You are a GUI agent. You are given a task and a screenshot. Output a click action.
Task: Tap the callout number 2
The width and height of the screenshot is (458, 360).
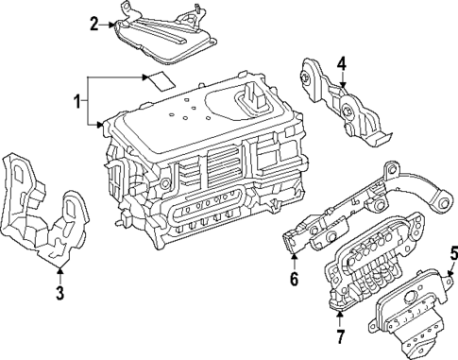[93, 24]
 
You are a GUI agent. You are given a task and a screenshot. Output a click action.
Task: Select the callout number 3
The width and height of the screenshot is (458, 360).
[59, 293]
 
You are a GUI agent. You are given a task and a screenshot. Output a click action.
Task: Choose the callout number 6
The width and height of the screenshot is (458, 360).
[293, 279]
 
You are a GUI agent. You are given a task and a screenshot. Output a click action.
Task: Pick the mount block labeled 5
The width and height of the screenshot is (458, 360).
[411, 312]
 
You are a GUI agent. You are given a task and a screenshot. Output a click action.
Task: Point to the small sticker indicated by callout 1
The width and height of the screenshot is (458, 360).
[158, 79]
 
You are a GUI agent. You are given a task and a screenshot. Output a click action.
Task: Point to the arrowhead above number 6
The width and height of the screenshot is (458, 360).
[293, 256]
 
